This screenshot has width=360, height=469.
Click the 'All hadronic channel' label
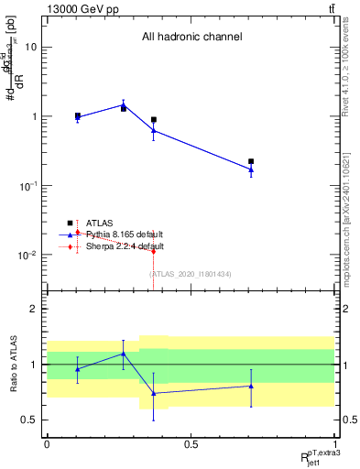191,37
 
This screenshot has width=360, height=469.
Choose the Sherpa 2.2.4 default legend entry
125,246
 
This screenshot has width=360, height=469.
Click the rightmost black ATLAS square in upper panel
251,161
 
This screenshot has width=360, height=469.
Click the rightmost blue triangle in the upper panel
251,169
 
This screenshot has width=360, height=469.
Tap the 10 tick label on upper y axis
30,47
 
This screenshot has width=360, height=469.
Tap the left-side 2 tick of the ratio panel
36,309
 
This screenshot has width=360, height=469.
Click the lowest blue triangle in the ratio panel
154,393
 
